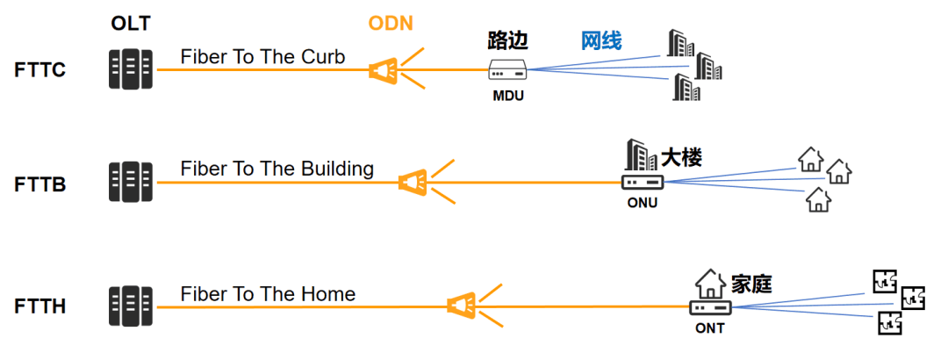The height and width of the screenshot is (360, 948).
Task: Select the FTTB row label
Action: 40,185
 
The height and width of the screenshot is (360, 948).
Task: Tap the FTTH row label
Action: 40,306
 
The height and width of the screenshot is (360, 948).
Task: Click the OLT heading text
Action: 130,24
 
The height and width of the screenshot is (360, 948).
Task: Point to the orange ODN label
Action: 391,24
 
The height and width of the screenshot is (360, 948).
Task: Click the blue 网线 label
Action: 601,40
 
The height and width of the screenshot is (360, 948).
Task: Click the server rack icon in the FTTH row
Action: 130,305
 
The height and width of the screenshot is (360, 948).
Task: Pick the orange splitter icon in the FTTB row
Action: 412,182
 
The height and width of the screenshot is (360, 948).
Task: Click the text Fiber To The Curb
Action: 262,57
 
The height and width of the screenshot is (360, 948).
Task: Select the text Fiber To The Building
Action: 277,169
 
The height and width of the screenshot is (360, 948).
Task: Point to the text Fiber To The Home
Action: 268,294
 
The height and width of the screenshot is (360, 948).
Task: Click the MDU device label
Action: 507,96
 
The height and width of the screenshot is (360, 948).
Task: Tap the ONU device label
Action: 642,204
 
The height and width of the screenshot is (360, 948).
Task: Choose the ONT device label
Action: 709,328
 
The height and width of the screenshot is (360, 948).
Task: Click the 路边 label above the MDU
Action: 507,40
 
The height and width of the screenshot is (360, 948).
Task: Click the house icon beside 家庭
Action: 709,284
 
